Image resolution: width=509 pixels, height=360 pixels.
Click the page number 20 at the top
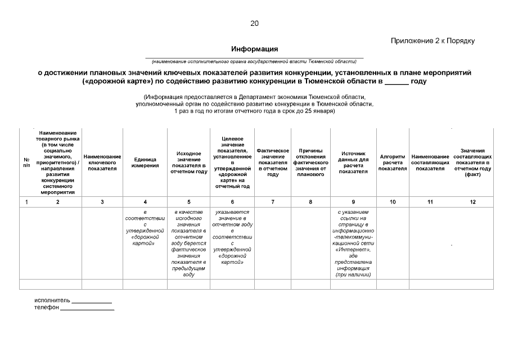254,23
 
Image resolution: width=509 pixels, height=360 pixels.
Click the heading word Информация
254,49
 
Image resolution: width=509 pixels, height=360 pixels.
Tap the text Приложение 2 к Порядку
433,40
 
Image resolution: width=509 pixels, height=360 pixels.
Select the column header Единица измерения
145,163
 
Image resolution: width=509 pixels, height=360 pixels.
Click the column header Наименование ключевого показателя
102,162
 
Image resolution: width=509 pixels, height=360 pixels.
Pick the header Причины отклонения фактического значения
310,163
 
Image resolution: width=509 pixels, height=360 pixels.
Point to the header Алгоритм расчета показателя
393,162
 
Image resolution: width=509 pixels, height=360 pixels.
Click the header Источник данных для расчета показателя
353,162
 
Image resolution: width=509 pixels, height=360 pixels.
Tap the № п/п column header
26,163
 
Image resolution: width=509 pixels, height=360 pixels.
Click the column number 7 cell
273,201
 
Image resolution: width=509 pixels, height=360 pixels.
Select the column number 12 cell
472,201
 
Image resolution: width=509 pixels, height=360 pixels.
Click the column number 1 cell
26,201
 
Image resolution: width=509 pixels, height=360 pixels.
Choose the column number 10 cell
393,201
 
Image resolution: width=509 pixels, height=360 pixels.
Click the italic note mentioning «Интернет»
353,243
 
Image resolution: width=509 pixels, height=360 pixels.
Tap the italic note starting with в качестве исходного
188,243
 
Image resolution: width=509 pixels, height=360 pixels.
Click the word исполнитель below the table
52,300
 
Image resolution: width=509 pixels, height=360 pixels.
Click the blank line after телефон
87,309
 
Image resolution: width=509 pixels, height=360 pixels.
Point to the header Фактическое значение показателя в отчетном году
273,163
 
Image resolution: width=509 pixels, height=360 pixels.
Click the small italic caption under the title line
254,61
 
